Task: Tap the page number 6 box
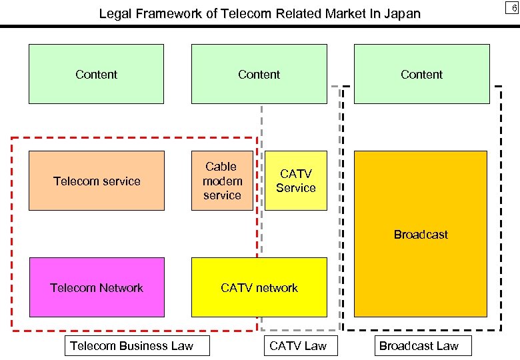point(512,7)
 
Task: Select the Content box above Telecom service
point(97,74)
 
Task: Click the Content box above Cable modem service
point(259,74)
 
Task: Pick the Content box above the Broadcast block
point(421,74)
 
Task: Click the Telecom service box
point(97,181)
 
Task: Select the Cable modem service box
point(222,181)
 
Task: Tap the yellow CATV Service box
point(296,181)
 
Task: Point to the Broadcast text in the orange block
point(421,235)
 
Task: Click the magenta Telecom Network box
point(97,287)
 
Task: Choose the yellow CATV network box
point(259,287)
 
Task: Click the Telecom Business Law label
point(131,345)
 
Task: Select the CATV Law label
point(297,345)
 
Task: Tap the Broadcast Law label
point(419,345)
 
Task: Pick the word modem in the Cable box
point(222,181)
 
